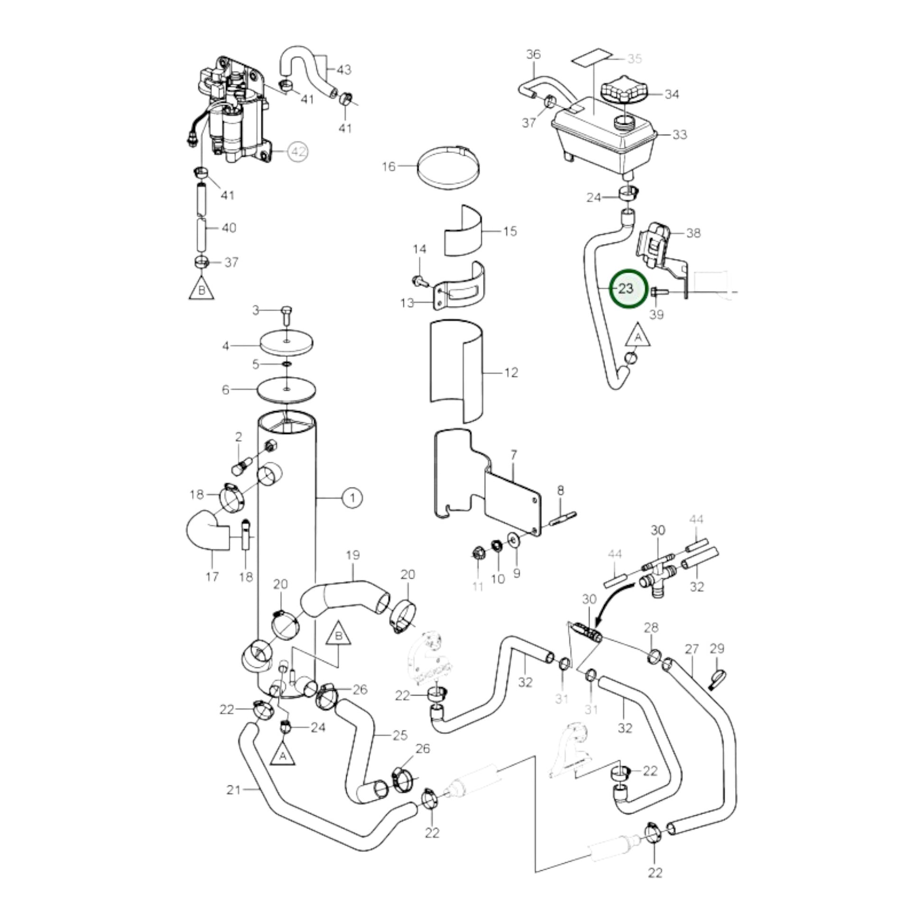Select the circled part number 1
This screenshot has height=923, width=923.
coord(352,498)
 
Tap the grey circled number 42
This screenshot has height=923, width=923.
coord(298,152)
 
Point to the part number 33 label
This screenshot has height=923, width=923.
coord(679,135)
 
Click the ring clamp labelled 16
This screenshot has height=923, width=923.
coord(448,168)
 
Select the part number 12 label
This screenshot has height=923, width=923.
coord(511,373)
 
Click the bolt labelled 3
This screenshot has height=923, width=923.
coord(286,314)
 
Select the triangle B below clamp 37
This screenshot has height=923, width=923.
coord(202,289)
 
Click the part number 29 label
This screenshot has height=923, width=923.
coord(717,648)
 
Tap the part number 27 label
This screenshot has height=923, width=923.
coord(692,649)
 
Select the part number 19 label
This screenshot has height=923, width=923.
coord(352,555)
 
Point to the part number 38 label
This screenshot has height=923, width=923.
coord(693,233)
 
